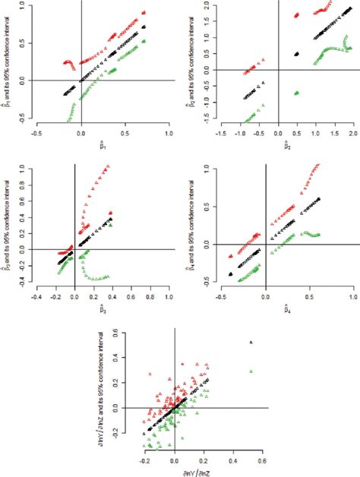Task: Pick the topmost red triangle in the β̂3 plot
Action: click(x=107, y=166)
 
